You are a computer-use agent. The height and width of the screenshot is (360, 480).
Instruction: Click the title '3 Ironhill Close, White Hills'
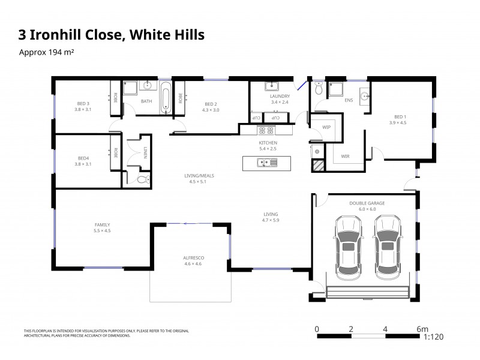coord(112,35)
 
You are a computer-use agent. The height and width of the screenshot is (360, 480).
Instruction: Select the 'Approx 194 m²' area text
coord(47,52)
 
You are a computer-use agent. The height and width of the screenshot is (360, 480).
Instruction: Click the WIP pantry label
coord(326,127)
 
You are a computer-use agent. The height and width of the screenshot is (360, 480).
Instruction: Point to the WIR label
coord(345,156)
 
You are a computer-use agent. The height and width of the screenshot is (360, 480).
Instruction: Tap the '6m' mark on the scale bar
coord(423,329)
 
